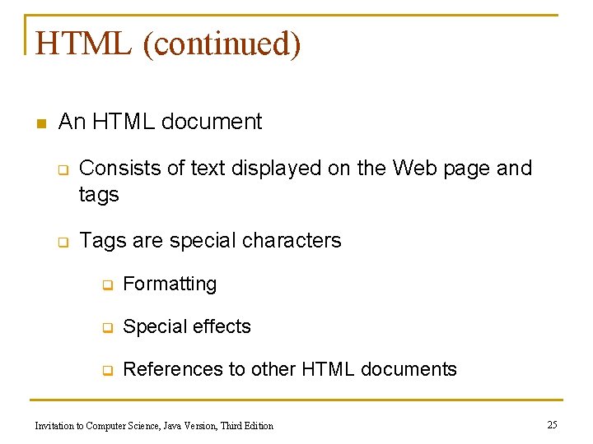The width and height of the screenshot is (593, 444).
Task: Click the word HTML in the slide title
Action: click(83, 44)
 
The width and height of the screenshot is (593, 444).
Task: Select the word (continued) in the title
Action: click(222, 44)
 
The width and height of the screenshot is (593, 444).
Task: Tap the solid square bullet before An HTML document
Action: click(40, 124)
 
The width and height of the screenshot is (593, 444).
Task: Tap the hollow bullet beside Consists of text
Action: click(62, 170)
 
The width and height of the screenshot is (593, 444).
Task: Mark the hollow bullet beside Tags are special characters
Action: click(62, 243)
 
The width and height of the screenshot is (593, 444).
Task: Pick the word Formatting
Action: click(170, 284)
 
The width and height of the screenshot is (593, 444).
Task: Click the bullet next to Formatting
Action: click(106, 286)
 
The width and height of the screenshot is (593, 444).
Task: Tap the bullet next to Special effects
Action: click(106, 329)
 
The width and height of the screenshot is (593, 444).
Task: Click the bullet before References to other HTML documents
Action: click(106, 372)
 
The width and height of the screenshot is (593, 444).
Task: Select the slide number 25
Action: click(552, 424)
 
